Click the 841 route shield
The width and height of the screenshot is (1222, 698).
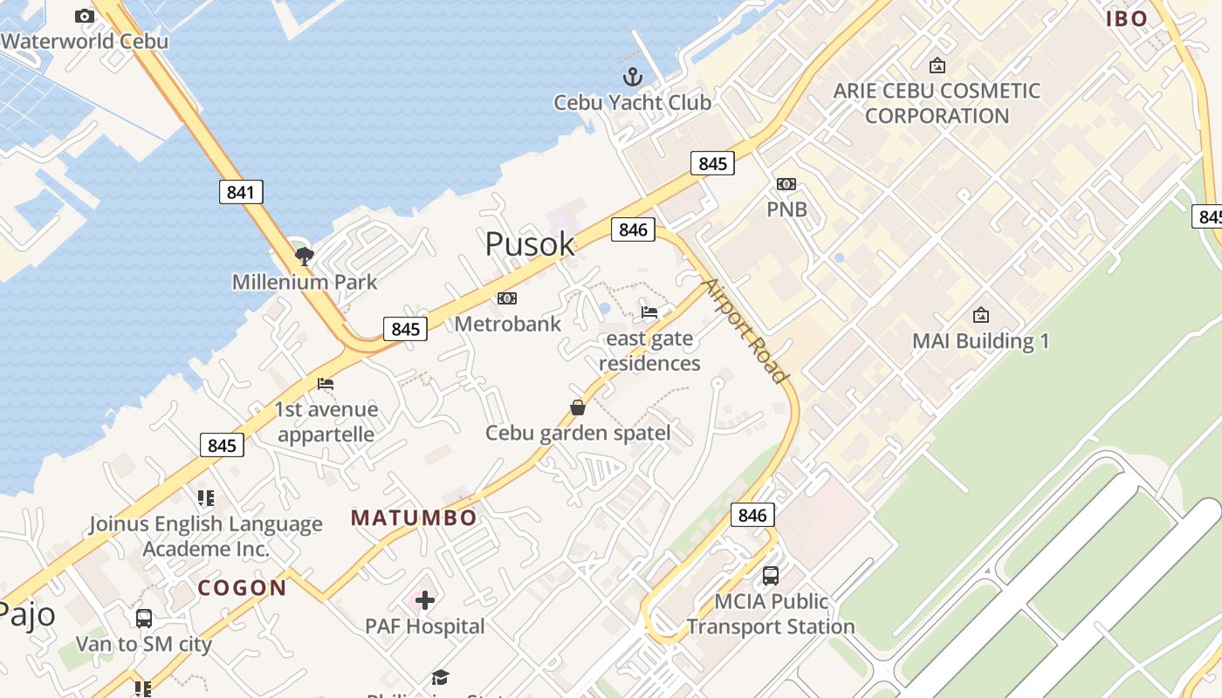(x=240, y=192)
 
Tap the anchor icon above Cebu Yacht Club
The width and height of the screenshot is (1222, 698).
(x=632, y=77)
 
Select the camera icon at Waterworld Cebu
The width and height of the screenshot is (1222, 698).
(x=85, y=16)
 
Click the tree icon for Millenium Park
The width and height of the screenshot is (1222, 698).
(x=304, y=256)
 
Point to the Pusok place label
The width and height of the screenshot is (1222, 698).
(x=530, y=244)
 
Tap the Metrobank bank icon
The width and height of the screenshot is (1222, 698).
(x=507, y=298)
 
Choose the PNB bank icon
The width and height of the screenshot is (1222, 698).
(x=786, y=184)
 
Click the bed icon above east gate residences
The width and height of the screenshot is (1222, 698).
(x=649, y=312)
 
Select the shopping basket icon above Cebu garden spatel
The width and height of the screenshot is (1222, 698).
(x=578, y=407)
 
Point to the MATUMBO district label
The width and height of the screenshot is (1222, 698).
(x=414, y=518)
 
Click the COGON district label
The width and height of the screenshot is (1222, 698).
(x=243, y=588)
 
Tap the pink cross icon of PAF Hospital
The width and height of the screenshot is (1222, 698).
(x=425, y=600)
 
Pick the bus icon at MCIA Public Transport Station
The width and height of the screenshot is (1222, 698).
(x=771, y=576)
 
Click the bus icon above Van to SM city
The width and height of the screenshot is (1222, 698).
(x=144, y=619)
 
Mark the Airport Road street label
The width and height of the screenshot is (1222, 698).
(x=745, y=331)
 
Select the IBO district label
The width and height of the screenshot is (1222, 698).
(x=1127, y=19)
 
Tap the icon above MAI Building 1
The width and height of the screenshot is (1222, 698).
(x=981, y=315)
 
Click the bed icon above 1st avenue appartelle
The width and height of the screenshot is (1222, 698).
(x=326, y=384)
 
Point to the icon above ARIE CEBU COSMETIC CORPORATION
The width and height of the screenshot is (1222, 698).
(x=937, y=65)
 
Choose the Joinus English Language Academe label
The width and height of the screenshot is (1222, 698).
(x=206, y=536)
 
